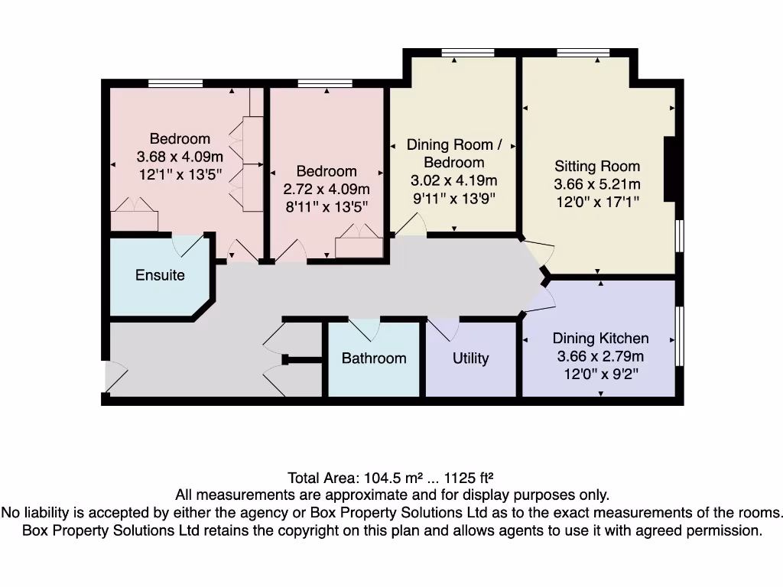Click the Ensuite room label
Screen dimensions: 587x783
click(160, 275)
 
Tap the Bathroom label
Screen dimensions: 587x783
click(374, 358)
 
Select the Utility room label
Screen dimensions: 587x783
click(470, 358)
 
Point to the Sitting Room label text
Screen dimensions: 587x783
click(597, 166)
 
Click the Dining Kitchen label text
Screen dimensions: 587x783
click(600, 338)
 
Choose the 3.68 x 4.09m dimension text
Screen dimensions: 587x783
click(180, 157)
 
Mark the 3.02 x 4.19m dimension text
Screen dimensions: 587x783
click(454, 180)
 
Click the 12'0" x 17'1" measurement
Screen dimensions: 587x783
click(597, 201)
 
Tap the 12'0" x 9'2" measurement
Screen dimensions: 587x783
click(600, 373)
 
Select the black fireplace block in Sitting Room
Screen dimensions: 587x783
click(669, 169)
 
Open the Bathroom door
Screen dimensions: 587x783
click(365, 329)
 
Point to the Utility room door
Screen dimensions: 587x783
click(444, 329)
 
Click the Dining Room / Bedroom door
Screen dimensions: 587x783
click(410, 225)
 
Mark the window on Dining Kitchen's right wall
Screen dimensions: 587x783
click(679, 336)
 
